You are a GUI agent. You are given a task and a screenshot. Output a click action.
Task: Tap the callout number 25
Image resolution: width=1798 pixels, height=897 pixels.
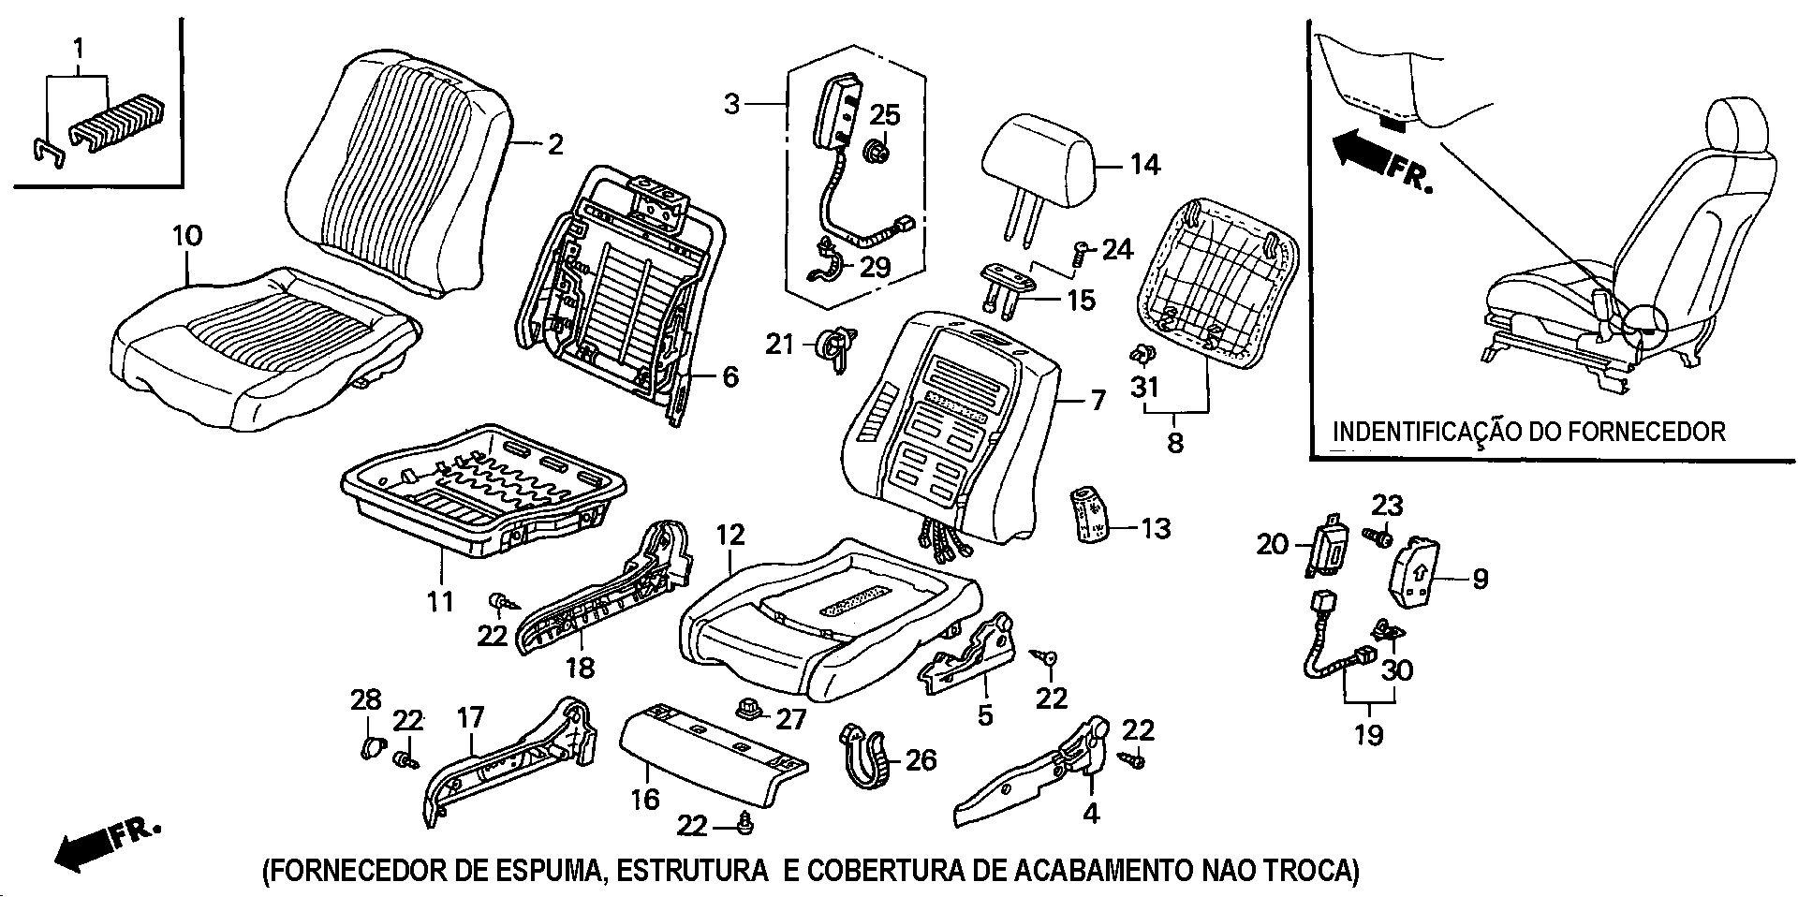tap(884, 115)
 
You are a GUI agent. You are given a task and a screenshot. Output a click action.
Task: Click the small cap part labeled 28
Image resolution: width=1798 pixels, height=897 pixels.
tap(371, 747)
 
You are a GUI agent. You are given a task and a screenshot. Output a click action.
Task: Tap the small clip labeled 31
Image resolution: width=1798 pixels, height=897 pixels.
tap(1142, 354)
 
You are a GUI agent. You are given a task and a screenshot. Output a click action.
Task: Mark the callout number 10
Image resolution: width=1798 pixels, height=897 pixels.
tap(186, 235)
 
